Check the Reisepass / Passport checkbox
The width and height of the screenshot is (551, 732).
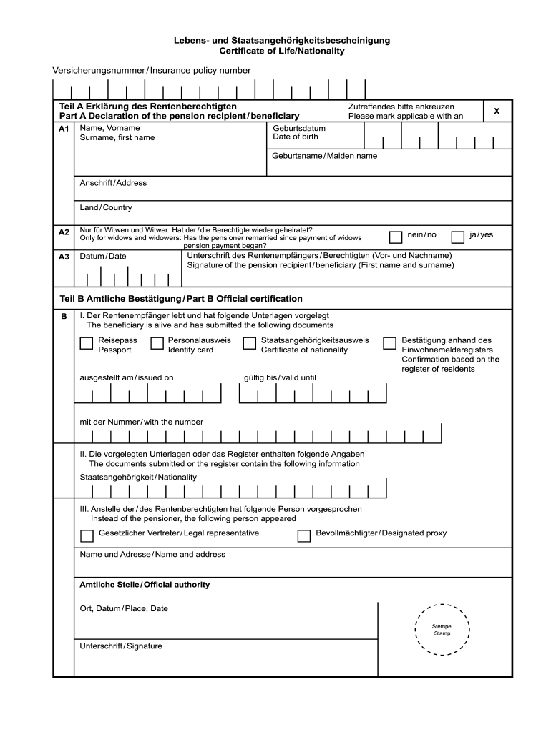coord(86,344)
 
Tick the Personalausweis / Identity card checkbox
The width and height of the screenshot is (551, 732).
coord(157,344)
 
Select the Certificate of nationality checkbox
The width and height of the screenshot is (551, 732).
coord(249,344)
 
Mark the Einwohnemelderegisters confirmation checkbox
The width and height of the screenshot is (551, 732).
coord(389,344)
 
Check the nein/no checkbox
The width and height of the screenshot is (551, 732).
coord(396,237)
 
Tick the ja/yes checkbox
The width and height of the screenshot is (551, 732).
coord(458,237)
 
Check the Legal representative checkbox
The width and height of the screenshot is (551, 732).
coord(87,535)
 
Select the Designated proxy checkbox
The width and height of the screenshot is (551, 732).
coord(303,535)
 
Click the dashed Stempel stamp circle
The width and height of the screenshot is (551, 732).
coord(442,629)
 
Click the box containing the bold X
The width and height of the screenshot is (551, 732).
coord(497,111)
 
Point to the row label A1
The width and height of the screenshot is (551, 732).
coord(64,129)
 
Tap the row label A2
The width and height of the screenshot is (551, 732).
coord(64,232)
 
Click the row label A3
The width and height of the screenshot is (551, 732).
coord(64,257)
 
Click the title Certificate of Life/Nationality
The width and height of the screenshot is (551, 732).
coord(282,51)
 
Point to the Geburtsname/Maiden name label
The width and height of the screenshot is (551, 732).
coord(325,156)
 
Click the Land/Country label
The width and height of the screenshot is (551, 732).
coord(106,208)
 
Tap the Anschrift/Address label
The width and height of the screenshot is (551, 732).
coord(113,183)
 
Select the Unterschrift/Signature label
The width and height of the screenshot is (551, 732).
coord(121,646)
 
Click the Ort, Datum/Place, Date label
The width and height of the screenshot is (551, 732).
coord(124,609)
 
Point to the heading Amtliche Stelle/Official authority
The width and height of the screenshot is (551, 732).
coord(145,585)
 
